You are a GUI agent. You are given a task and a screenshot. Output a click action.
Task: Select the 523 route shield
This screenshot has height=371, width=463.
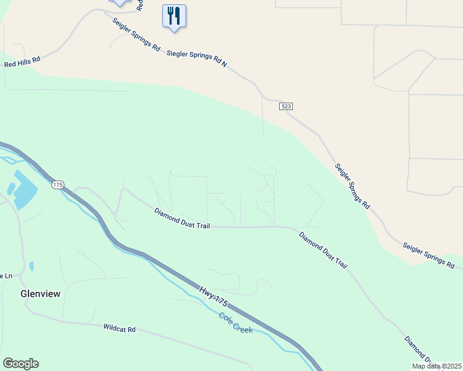click(x=285, y=106)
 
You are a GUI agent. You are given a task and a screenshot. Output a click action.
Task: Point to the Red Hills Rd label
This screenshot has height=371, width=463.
click(x=22, y=61)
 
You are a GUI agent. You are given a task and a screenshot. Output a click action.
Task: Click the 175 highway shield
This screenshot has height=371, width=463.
click(x=58, y=185)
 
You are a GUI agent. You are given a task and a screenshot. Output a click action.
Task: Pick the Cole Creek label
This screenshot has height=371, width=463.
click(x=236, y=323)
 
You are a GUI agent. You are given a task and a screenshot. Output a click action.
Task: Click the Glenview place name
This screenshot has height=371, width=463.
click(x=40, y=294)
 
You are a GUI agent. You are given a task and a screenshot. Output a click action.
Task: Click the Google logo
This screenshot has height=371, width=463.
click(x=20, y=364)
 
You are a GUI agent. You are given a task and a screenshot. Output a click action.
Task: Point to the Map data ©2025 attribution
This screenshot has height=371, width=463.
click(x=437, y=366)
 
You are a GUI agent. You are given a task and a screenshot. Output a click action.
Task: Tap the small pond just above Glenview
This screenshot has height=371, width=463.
click(x=32, y=266)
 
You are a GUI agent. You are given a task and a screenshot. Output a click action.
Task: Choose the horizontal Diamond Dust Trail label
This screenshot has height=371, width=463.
click(x=182, y=219)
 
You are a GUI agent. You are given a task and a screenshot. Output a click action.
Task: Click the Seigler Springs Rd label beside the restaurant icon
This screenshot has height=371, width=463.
click(x=136, y=34)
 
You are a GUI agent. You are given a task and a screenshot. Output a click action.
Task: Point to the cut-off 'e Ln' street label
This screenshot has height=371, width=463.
click(x=6, y=276)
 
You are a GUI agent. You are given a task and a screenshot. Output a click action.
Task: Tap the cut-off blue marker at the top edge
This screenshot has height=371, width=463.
click(x=119, y=2)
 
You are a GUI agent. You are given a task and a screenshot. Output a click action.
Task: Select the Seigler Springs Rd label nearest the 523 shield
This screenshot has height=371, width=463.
click(x=352, y=185)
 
